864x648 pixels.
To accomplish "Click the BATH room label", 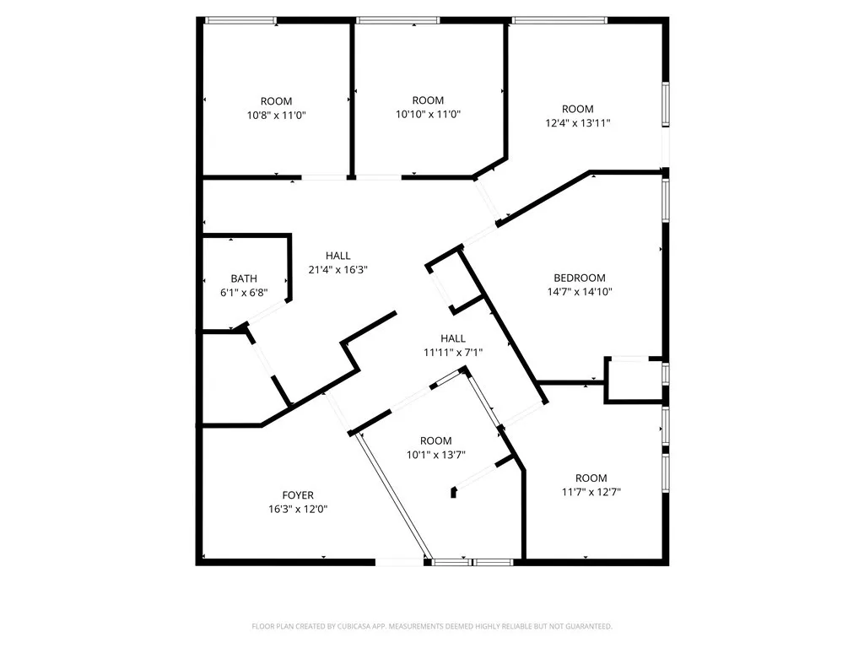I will pos(244,278).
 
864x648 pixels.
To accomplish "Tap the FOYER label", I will pos(298,495).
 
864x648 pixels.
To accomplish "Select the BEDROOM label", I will pos(580,278).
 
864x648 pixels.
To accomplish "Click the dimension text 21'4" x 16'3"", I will pos(338,270).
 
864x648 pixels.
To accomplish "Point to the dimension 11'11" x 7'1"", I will pos(452,353).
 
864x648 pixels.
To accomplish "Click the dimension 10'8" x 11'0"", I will pos(276,115).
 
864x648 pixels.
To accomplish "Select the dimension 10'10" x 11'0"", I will pos(428,115).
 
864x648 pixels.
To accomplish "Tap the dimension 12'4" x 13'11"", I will pos(578,122).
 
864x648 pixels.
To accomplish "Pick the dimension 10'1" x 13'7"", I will pos(436,455).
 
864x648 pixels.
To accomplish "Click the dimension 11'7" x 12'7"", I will pos(591,492).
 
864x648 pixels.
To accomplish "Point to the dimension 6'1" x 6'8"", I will pos(244,293).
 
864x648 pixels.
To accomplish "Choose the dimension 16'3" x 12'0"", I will pos(298,510).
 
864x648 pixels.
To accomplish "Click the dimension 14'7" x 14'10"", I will pos(580,292).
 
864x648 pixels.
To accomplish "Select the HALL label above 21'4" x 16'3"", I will pos(338,256).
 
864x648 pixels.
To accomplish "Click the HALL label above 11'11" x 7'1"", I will pos(452,338).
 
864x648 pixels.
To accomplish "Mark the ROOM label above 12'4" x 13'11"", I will pos(578,109).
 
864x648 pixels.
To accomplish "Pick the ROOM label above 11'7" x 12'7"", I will pos(591,478).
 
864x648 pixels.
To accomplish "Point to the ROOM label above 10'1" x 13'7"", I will pos(436,440).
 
